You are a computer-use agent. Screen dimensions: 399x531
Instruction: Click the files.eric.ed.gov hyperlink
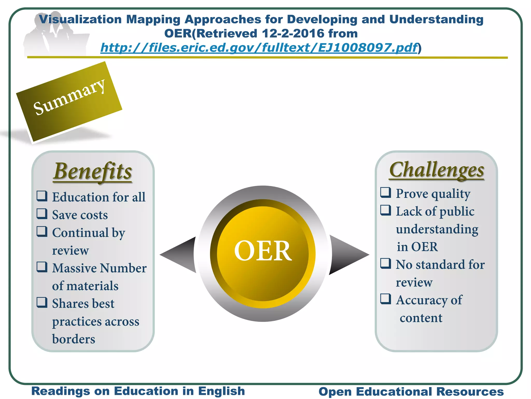tap(259, 48)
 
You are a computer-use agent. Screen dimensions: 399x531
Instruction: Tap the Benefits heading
tap(93, 171)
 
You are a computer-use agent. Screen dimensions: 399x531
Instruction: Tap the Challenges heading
tap(437, 170)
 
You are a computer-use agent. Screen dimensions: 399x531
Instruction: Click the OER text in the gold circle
tap(263, 251)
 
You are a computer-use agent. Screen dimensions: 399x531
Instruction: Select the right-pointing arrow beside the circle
tap(347, 254)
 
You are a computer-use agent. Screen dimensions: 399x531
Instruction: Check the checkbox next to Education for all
tap(42, 196)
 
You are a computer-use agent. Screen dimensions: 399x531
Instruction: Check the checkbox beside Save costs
tap(42, 214)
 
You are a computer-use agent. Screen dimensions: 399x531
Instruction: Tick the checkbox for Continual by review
tap(42, 231)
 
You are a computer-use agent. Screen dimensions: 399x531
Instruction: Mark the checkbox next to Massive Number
tap(42, 267)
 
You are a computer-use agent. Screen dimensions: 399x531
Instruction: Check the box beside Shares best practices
tap(42, 302)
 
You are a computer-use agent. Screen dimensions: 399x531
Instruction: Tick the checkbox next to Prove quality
tap(386, 192)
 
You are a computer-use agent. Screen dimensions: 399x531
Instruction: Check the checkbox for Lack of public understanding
tap(386, 210)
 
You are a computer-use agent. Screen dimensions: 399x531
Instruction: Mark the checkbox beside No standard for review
tap(386, 263)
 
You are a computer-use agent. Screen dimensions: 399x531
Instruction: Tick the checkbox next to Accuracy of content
tap(386, 299)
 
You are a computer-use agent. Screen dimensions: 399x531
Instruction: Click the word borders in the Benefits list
tap(74, 339)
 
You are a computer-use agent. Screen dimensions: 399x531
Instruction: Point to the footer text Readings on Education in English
tap(138, 391)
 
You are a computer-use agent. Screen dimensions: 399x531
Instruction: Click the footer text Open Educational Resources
tap(411, 392)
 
